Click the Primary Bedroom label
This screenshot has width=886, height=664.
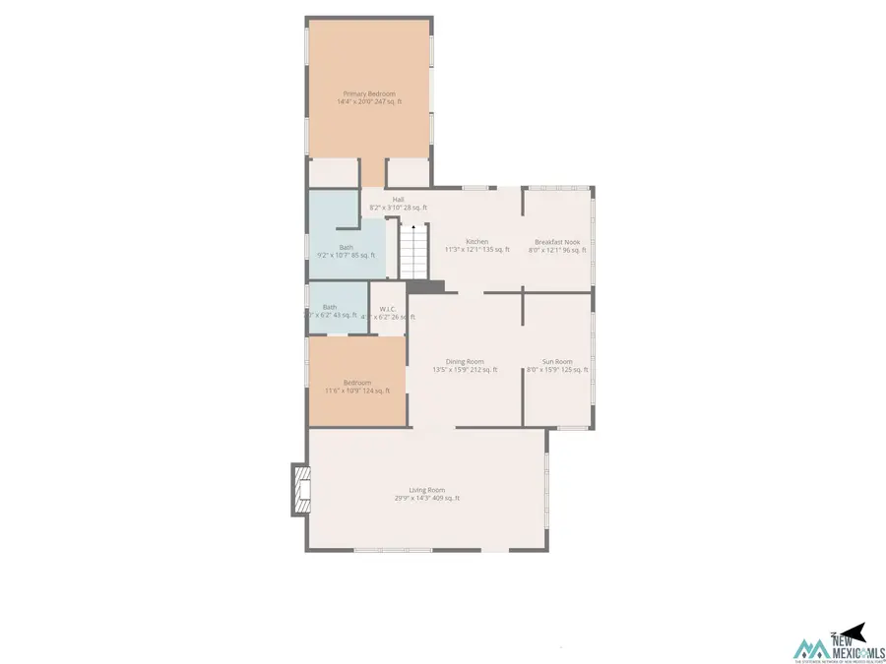pyautogui.click(x=369, y=93)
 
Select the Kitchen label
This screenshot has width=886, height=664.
pyautogui.click(x=477, y=242)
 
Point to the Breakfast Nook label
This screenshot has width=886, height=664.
pyautogui.click(x=557, y=242)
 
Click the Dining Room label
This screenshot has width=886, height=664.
pyautogui.click(x=465, y=362)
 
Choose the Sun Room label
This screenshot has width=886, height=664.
pyautogui.click(x=557, y=362)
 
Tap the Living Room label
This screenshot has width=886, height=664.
pyautogui.click(x=427, y=490)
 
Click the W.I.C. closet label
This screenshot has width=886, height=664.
pyautogui.click(x=387, y=309)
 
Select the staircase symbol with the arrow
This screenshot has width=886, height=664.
pyautogui.click(x=413, y=250)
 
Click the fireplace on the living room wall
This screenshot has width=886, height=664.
pyautogui.click(x=298, y=490)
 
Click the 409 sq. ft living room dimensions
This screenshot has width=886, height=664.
pyautogui.click(x=427, y=499)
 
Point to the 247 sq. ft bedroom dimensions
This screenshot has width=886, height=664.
pyautogui.click(x=369, y=102)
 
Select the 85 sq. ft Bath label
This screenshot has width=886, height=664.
pyautogui.click(x=346, y=247)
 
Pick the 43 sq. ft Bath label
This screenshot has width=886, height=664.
pyautogui.click(x=329, y=307)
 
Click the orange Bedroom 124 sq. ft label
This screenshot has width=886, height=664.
pyautogui.click(x=357, y=383)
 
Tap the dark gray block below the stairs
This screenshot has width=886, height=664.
pyautogui.click(x=425, y=285)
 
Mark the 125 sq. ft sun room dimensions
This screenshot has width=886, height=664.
pyautogui.click(x=557, y=371)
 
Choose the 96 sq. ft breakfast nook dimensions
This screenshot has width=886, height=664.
pyautogui.click(x=557, y=251)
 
